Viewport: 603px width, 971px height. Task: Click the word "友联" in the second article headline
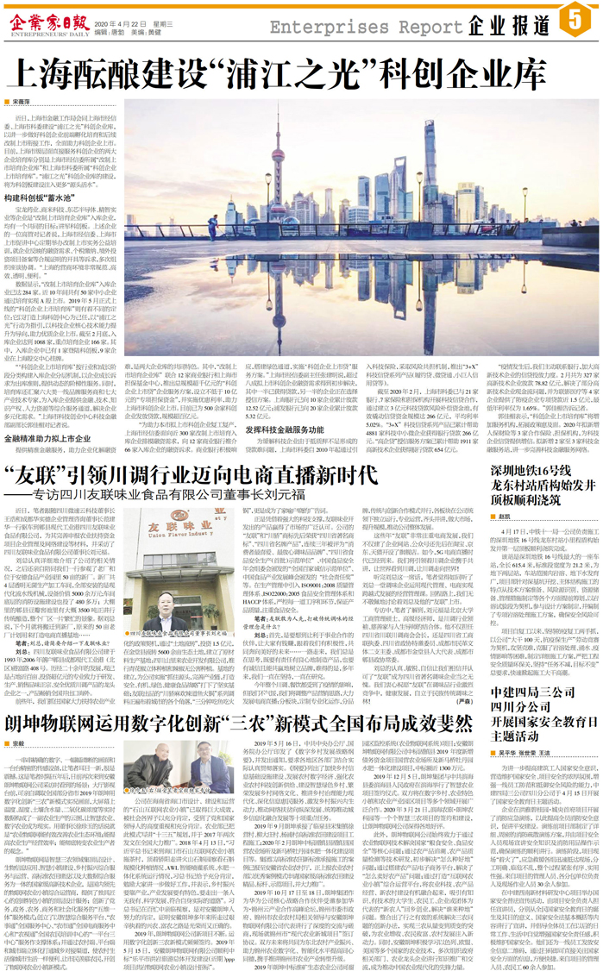[35, 473]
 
